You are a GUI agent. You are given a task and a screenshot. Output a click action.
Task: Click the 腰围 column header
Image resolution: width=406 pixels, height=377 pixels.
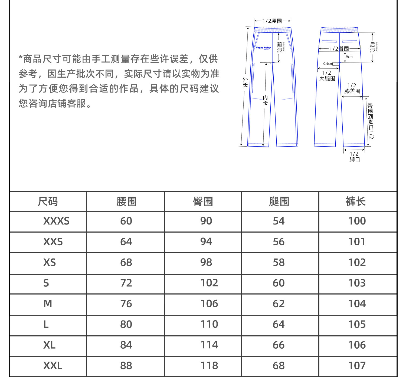126,201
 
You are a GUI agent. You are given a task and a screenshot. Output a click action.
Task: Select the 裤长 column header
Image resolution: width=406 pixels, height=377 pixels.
355,201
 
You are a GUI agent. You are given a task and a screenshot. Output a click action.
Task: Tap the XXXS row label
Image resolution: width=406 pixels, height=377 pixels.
56,221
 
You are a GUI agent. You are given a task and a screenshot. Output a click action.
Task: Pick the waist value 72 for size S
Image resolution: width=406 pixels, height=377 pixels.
126,283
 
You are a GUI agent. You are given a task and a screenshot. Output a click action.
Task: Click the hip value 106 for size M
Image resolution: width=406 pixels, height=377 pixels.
209,304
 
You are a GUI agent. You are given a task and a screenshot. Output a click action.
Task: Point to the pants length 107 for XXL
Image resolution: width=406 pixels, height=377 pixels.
357,366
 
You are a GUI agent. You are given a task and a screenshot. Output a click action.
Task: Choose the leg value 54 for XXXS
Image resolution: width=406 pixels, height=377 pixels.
279,221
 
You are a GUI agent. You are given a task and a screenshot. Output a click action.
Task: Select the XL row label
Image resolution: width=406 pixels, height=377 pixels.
49,345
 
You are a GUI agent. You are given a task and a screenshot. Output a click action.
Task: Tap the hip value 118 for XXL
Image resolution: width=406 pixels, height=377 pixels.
209,366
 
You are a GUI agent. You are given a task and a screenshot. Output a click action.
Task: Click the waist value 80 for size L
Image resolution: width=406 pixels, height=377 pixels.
126,324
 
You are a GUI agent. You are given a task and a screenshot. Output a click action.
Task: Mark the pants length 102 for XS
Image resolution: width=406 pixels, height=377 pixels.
357,262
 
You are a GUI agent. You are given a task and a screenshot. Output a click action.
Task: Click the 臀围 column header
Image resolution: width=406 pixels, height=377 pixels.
203,201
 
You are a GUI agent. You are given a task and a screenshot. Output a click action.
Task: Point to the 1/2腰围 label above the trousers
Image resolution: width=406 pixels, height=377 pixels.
272,21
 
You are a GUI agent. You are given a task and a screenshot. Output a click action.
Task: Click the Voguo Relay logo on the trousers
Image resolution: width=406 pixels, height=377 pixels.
263,48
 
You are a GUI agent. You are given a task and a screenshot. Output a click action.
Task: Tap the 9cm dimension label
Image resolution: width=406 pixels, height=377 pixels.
349,57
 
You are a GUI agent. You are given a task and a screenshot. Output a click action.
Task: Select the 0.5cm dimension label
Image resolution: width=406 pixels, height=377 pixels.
328,64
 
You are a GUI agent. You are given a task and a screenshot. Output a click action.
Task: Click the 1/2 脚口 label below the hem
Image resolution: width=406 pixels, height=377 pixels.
354,157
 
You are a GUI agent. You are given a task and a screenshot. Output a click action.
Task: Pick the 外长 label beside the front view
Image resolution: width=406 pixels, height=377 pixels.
245,82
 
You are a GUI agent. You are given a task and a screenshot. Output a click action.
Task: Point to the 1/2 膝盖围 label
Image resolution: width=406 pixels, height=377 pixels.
352,88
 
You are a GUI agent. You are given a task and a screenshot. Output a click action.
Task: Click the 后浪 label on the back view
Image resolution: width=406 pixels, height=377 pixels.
372,47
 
